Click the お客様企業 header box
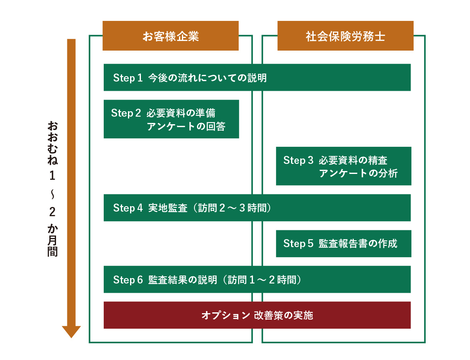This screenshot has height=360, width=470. pyautogui.click(x=170, y=36)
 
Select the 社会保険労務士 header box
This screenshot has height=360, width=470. pyautogui.click(x=345, y=36)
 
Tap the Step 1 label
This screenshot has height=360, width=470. pyautogui.click(x=128, y=78)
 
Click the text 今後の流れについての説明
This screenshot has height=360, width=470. pyautogui.click(x=207, y=78)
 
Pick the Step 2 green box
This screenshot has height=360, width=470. pyautogui.click(x=171, y=119)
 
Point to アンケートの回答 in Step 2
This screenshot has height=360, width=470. pyautogui.click(x=186, y=126)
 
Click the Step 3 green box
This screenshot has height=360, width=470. pyautogui.click(x=343, y=166)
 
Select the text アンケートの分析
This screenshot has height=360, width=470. pyautogui.click(x=358, y=173)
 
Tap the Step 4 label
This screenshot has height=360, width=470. pyautogui.click(x=128, y=208)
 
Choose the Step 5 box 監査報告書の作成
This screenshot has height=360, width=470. pyautogui.click(x=343, y=243)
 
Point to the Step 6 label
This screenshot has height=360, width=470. pyautogui.click(x=128, y=280)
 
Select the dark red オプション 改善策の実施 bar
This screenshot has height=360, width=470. pyautogui.click(x=257, y=315)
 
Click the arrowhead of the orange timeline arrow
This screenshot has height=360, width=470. pyautogui.click(x=71, y=332)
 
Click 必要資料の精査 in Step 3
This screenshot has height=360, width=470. pyautogui.click(x=353, y=160)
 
